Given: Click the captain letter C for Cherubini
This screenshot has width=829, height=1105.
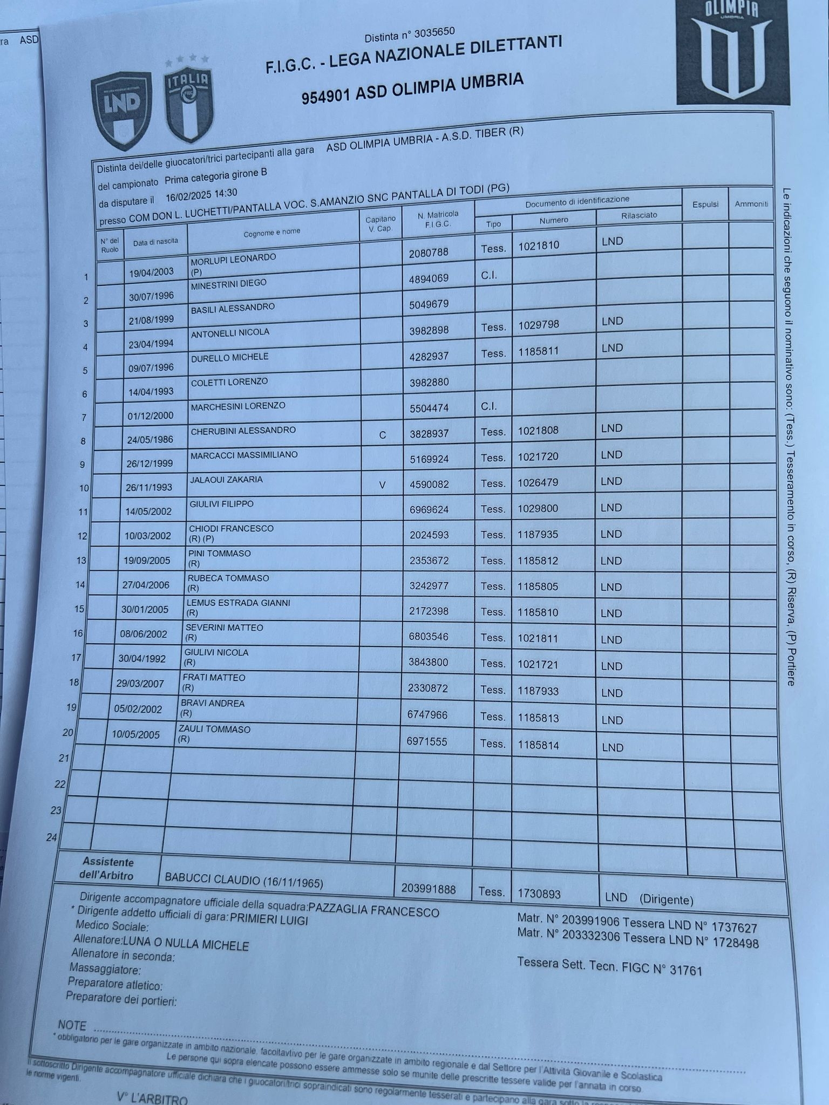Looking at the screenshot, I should [382, 435].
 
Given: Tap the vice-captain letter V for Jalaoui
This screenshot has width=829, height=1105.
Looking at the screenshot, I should [382, 485].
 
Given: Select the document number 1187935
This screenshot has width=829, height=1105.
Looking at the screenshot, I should [538, 535].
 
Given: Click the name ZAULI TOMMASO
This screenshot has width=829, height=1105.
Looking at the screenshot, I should [214, 729].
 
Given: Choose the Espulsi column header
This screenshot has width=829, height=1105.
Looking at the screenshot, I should [705, 204].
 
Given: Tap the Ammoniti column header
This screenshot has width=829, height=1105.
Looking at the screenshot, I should [751, 204].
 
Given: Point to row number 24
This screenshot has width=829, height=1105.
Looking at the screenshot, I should [51, 837].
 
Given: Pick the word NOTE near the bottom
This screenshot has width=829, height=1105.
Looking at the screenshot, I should [72, 1025].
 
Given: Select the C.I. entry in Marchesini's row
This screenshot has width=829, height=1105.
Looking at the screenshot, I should [488, 406].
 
